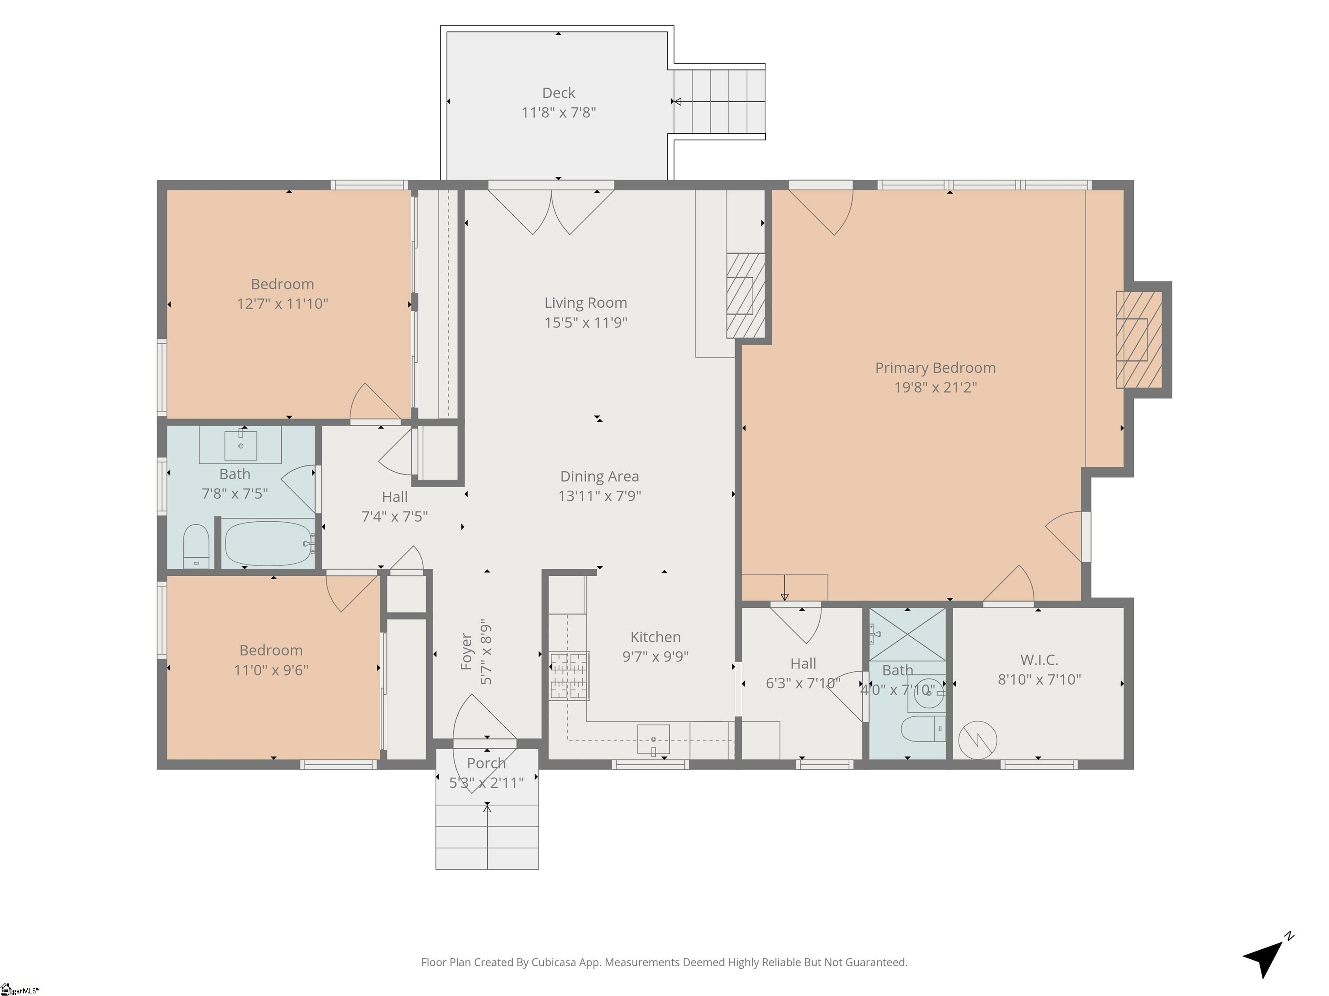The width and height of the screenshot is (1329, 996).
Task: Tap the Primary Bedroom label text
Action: (935, 368)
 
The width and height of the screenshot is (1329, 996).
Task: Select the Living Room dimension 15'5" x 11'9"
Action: (586, 322)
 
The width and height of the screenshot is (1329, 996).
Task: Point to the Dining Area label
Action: (599, 476)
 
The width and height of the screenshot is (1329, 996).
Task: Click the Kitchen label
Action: (655, 637)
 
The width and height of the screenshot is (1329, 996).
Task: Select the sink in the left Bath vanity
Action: (241, 445)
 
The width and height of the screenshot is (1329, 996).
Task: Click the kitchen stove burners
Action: (569, 676)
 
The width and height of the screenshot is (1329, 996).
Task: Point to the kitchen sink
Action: (653, 738)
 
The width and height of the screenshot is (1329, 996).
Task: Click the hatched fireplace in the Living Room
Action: (745, 295)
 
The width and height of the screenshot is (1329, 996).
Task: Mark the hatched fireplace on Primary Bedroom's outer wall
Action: (1139, 340)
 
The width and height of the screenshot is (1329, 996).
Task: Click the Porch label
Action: (486, 763)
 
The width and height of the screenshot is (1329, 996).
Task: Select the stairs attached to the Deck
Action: (719, 102)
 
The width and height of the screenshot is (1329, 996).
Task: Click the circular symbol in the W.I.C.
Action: (978, 740)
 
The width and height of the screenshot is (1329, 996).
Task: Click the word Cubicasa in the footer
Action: (553, 962)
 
